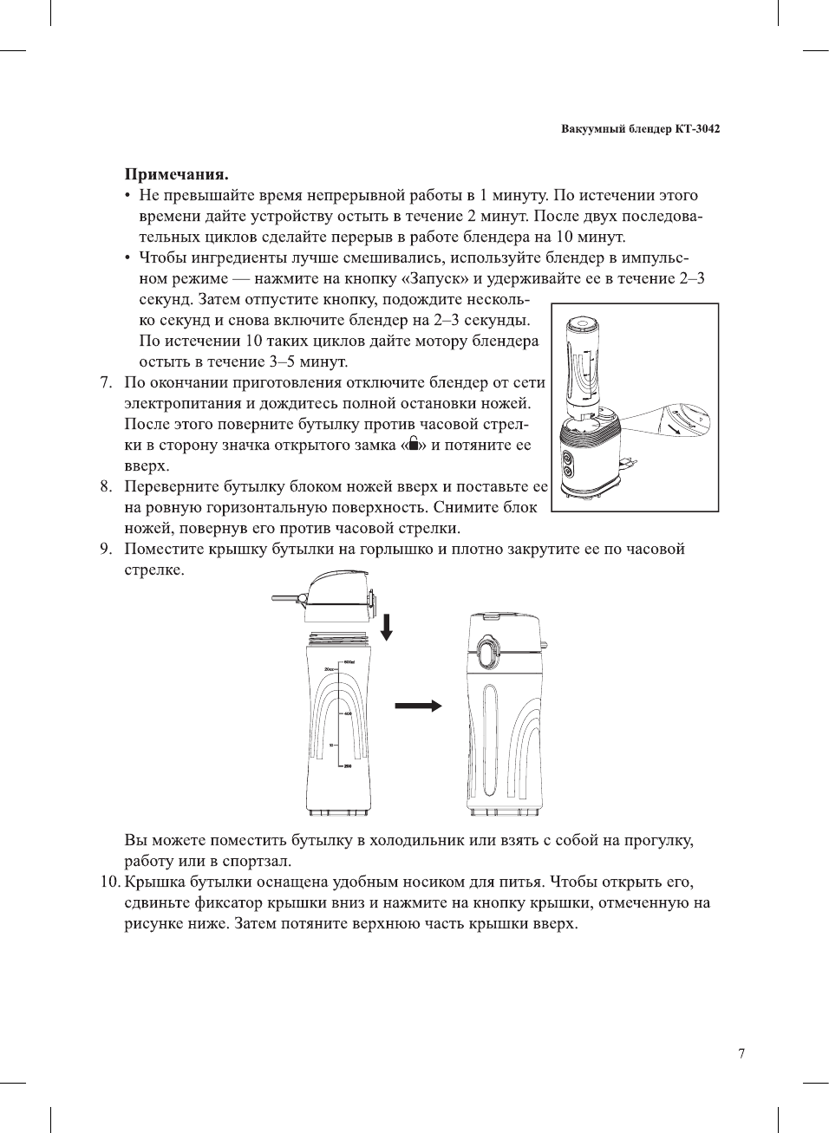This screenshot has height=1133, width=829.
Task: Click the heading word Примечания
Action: point(176,174)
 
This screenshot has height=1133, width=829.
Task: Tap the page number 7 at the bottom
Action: point(741,1053)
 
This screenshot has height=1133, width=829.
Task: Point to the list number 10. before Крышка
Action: point(109,882)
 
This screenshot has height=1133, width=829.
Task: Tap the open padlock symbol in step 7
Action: point(414,444)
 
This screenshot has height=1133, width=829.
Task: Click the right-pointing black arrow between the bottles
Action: point(418,706)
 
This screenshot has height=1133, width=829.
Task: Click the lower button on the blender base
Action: point(569,472)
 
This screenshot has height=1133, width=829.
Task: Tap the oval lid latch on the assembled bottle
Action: point(487,651)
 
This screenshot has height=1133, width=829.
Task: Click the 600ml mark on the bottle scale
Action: point(349,662)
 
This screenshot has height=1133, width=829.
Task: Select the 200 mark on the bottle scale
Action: point(348,766)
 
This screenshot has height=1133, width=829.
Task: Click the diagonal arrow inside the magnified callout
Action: point(670,427)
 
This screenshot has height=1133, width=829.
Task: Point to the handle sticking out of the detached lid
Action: point(286,597)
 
